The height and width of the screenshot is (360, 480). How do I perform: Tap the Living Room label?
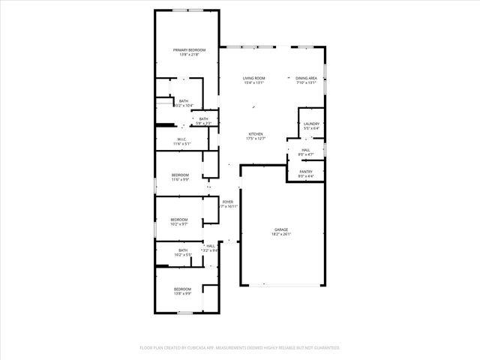(253, 79)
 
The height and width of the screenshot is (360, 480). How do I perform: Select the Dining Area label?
(306, 79)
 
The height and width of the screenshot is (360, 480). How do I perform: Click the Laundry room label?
(312, 124)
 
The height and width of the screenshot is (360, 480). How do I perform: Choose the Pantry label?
(306, 172)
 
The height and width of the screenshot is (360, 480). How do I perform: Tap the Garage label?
(281, 229)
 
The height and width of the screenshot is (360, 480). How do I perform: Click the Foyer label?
(227, 202)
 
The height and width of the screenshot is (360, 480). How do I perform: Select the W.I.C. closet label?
(182, 139)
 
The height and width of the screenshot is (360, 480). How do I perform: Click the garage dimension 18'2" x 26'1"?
(281, 234)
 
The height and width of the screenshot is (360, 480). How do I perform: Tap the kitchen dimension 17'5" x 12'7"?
(256, 139)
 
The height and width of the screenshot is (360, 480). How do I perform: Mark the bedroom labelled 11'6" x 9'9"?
(180, 180)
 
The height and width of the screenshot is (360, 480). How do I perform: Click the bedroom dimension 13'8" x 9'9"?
(183, 293)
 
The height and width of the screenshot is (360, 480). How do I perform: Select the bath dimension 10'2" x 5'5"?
(183, 255)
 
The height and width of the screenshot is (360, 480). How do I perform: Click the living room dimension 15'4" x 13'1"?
(253, 83)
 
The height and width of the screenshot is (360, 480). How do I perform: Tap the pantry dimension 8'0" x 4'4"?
(306, 176)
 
